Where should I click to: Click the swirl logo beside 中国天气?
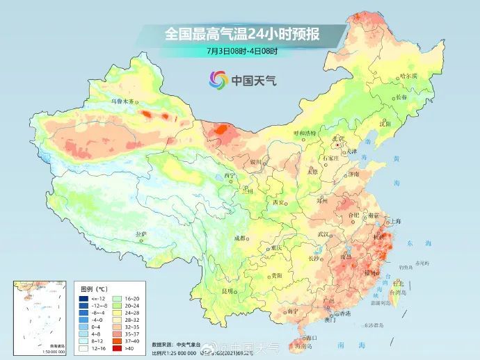(218, 80)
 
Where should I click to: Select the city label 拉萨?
(141, 234)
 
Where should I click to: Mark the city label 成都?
(240, 238)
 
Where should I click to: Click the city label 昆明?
(227, 291)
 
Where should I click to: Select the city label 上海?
(395, 221)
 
